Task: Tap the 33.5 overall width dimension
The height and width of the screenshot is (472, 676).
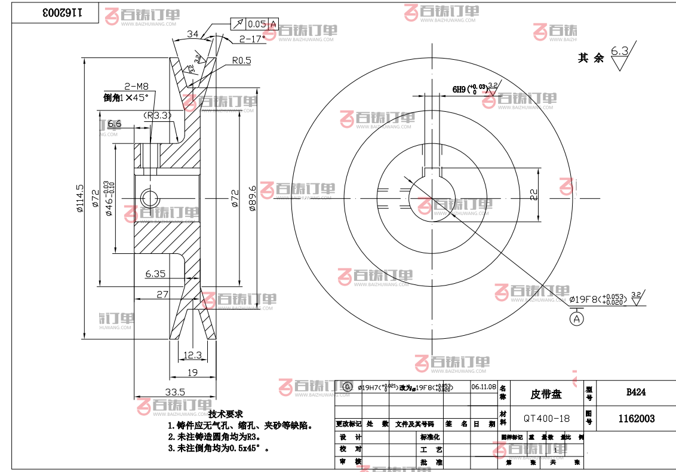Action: tap(174, 392)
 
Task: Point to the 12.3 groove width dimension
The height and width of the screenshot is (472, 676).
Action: tap(192, 355)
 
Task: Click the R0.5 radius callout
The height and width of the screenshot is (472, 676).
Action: tap(241, 60)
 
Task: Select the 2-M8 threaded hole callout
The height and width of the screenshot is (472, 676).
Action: tap(136, 86)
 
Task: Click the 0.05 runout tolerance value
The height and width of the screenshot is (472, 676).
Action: tap(256, 24)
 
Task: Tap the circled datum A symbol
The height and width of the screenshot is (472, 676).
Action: tap(577, 318)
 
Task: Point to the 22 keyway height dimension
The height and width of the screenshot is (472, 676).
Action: tap(534, 194)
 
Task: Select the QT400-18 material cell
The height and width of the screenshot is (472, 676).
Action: tap(546, 418)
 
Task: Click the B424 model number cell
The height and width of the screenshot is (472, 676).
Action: tap(636, 393)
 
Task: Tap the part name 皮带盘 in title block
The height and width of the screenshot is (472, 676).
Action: tap(546, 394)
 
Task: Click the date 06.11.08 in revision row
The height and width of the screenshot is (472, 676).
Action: tap(483, 387)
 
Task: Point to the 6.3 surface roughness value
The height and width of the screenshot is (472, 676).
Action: tap(620, 51)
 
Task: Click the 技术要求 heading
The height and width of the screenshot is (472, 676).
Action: tap(226, 413)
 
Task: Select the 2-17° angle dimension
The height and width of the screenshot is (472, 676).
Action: tap(252, 39)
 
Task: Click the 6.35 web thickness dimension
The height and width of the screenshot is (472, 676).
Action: tap(155, 274)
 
